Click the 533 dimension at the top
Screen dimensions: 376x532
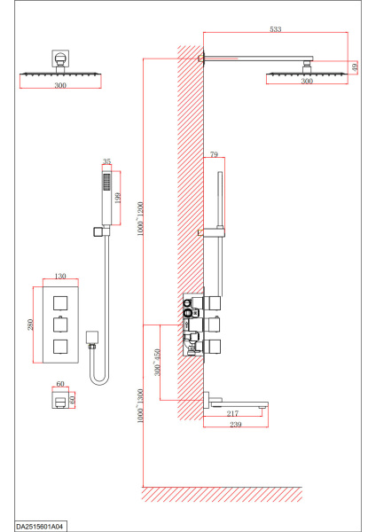pos(276,29)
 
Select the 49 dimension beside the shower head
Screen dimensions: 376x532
pos(355,66)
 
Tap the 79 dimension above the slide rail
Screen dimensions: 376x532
pos(214,154)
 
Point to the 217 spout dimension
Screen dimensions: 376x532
pos(232,413)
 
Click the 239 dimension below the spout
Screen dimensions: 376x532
pos(236,424)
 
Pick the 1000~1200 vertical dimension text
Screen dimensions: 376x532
pos(140,218)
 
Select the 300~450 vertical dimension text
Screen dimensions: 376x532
pos(157,362)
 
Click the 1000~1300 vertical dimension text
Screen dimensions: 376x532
pos(140,406)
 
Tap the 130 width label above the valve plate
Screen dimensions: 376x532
pos(60,276)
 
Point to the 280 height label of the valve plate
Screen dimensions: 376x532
pos(30,325)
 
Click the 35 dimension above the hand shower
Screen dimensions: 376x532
pos(106,161)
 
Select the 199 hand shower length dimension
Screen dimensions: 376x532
pos(118,198)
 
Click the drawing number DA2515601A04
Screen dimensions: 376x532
pos(41,526)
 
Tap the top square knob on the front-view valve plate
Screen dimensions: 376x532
pos(60,303)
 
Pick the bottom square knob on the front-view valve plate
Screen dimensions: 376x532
pos(60,347)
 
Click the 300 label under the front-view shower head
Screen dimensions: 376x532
pos(60,85)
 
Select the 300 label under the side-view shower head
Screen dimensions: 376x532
pos(307,81)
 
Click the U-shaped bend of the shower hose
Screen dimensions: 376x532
pos(99,382)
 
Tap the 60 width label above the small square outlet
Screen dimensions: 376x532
pos(60,384)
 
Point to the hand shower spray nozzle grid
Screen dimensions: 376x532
pos(107,183)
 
